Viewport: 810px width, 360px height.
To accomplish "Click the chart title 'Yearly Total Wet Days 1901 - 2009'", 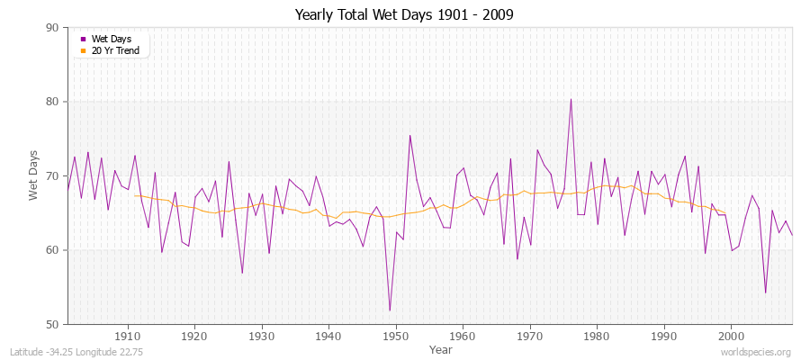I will point(405,15).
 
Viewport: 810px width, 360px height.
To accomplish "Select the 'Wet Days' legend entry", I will point(111,39).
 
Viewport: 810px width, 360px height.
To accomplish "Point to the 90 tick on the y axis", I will point(51,28).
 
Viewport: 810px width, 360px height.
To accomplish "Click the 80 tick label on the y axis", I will point(51,102).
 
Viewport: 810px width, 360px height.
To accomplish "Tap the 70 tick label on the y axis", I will point(51,176).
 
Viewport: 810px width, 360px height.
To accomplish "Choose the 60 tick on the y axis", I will point(51,250).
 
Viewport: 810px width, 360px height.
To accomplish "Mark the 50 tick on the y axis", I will point(51,324).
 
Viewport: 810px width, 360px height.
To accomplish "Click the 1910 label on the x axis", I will point(128,336).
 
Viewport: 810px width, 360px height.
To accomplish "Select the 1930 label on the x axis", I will point(262,336).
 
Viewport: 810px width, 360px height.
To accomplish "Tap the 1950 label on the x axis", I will point(396,336).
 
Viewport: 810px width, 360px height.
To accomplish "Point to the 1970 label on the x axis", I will point(530,336).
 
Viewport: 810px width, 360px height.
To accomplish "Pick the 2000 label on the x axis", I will point(732,336).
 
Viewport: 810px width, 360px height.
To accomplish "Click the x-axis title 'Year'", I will point(441,349).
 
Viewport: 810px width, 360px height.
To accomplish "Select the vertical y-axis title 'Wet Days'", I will point(33,176).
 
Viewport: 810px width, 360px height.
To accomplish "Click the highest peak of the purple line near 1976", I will point(571,100).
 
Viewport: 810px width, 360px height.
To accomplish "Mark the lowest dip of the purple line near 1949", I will point(390,310).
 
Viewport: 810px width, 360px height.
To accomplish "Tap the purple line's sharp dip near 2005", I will point(765,292).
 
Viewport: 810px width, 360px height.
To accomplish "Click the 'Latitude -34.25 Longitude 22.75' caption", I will point(75,353).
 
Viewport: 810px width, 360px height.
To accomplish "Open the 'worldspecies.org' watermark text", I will point(757,353).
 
